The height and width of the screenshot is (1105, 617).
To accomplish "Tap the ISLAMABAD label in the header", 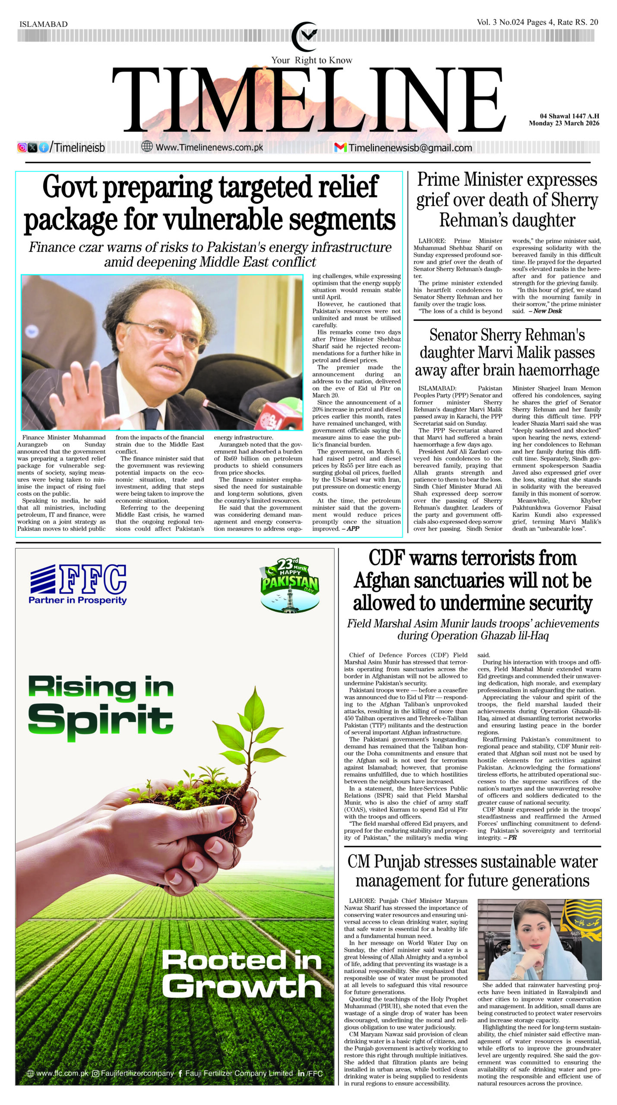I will coord(44,24).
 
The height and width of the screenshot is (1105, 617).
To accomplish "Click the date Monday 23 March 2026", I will coord(564,123).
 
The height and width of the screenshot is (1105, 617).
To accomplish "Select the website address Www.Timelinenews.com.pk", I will coord(209,147).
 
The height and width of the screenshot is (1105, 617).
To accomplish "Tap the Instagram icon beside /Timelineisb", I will coord(22,148).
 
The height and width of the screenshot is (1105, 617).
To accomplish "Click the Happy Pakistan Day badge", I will coord(290,584).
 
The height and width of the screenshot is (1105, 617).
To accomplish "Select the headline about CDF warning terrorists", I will coord(472,581).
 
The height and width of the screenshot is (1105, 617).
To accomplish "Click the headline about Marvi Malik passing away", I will coord(507,352).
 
